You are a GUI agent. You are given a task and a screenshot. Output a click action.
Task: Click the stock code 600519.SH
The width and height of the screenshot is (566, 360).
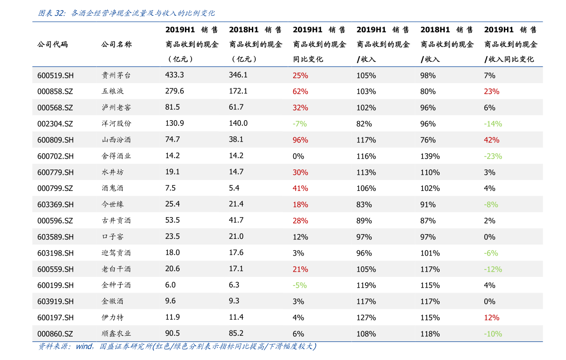(x=55, y=75)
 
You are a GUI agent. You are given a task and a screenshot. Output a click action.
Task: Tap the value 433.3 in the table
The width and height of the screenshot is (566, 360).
(x=174, y=75)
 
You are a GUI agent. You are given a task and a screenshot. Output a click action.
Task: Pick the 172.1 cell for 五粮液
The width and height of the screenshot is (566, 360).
(x=238, y=91)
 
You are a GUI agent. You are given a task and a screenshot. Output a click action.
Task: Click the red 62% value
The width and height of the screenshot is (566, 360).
(x=300, y=91)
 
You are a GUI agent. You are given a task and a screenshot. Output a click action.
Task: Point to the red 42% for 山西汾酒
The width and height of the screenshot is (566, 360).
(x=491, y=140)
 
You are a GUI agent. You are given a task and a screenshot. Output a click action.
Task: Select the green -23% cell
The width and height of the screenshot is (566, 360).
(x=493, y=156)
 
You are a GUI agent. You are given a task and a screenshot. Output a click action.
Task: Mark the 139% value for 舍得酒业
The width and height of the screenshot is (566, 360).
(x=430, y=156)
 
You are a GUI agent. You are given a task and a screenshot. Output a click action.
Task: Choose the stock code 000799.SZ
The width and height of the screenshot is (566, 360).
(x=55, y=188)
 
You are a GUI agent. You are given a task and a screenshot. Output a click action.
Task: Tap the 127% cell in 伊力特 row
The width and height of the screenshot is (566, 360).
(x=366, y=317)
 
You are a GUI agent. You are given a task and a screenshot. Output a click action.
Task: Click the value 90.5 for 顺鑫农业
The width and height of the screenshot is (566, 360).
(x=173, y=333)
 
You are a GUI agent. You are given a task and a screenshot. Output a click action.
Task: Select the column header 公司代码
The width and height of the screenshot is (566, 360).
(x=52, y=45)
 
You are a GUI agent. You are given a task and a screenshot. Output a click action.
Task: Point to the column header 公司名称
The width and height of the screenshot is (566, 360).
(x=116, y=45)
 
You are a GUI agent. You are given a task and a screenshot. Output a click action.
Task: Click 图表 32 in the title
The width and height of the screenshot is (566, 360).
(x=51, y=13)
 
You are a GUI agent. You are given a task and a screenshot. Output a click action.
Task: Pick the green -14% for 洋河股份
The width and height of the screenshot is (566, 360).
(x=493, y=123)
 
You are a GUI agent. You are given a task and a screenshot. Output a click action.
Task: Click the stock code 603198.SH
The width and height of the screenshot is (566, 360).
(x=55, y=253)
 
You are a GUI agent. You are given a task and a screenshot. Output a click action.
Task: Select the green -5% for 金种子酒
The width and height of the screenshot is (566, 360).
(x=299, y=285)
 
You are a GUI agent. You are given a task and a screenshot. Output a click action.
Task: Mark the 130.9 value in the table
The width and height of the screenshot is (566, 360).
(x=174, y=123)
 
